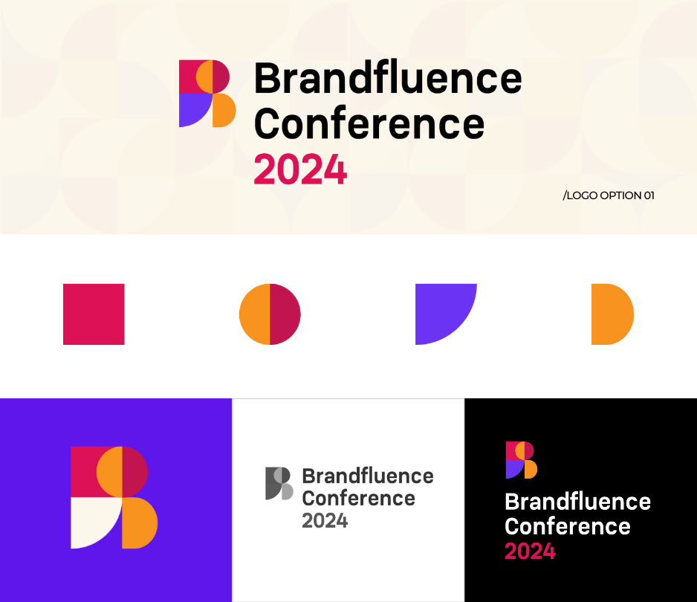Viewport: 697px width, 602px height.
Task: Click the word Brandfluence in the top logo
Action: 388,78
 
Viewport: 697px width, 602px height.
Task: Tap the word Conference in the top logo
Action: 369,123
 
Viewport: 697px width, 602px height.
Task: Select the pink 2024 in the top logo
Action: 300,169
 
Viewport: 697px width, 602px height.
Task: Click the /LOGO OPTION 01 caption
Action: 609,195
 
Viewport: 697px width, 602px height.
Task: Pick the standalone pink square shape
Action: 94,314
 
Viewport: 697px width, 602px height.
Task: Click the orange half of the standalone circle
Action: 255,314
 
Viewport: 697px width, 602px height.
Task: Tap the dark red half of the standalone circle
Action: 285,314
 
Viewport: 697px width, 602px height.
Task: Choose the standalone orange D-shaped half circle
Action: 612,314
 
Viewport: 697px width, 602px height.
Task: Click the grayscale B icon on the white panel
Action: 279,483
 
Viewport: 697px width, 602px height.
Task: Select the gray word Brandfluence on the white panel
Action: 368,476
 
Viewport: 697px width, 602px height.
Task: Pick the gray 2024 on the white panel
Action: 325,521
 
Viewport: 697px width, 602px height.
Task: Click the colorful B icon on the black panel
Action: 522,460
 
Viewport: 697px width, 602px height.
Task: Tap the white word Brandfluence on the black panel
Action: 578,502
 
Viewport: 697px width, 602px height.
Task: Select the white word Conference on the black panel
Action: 568,527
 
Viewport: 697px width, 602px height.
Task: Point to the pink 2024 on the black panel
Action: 531,551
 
